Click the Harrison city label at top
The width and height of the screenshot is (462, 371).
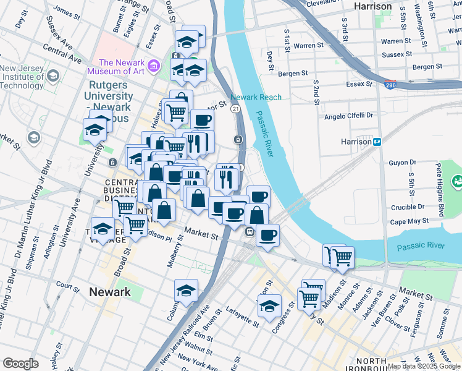[373, 6]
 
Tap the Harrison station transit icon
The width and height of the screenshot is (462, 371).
[377, 142]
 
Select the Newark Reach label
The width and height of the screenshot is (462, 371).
[256, 97]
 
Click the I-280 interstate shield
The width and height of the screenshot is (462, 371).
[389, 83]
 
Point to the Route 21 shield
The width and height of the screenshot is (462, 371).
[235, 108]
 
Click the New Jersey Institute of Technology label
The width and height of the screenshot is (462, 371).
[22, 77]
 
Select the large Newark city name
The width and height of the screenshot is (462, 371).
[109, 292]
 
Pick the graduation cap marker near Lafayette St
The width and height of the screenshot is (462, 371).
[186, 292]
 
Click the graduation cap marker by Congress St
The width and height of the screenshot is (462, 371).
[269, 305]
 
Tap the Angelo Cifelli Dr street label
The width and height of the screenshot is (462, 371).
[349, 116]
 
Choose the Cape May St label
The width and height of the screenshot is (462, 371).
[409, 221]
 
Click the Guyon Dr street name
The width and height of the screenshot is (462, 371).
[405, 163]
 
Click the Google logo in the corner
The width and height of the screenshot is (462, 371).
[20, 364]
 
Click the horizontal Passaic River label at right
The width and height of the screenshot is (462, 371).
[420, 245]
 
